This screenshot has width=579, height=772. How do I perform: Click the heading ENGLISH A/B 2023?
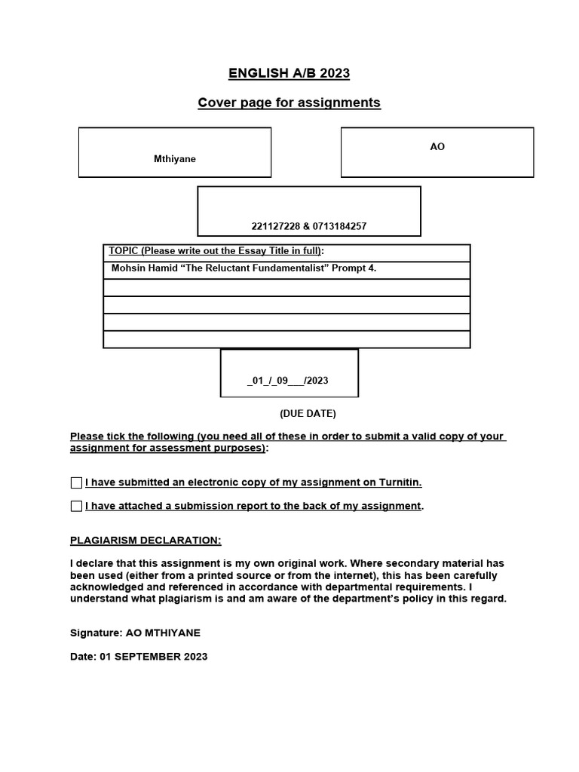(x=289, y=73)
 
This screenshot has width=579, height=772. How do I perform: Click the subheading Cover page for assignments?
(x=289, y=103)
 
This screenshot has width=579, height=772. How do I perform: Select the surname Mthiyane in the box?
(x=175, y=159)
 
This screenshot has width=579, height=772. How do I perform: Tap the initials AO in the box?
(x=437, y=147)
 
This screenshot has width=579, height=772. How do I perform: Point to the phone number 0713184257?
(x=337, y=226)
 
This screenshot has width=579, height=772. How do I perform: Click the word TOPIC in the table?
(x=124, y=251)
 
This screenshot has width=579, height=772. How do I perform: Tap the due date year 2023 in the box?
(x=317, y=381)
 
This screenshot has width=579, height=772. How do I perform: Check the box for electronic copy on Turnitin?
(x=76, y=482)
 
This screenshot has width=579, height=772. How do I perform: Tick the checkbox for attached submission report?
(x=76, y=506)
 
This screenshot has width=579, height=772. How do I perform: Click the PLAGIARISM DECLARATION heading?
(x=146, y=541)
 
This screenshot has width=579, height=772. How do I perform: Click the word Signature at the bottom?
(x=95, y=633)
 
